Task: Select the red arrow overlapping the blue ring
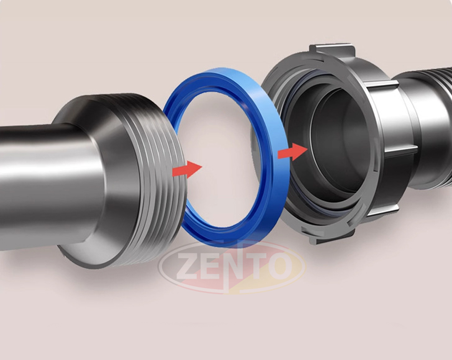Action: click(x=292, y=152)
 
